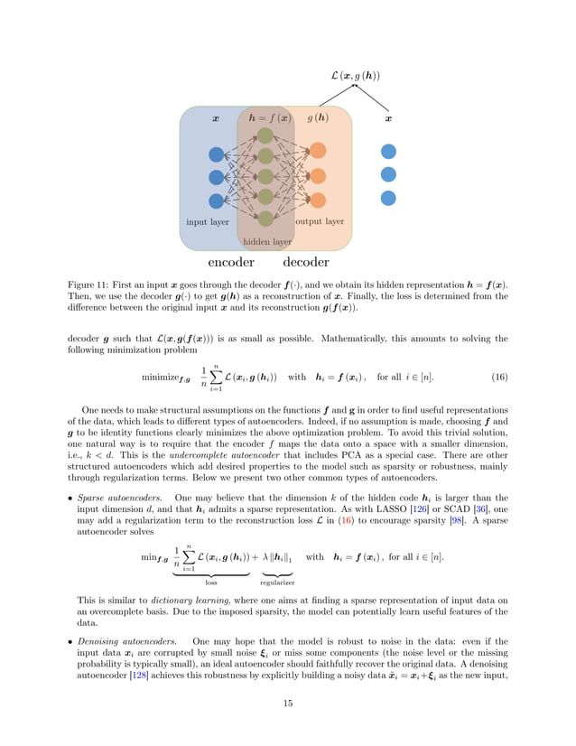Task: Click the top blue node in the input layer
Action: click(216, 154)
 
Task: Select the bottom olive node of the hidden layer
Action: click(265, 218)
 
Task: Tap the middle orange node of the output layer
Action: click(318, 174)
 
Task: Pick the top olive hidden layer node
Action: click(265, 135)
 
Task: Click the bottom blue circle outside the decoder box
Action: click(388, 198)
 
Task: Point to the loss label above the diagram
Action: click(355, 75)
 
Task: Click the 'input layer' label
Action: click(208, 222)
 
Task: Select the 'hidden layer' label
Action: click(267, 242)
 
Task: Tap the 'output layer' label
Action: click(320, 221)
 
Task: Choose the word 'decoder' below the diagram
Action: click(306, 263)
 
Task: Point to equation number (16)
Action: click(498, 376)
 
